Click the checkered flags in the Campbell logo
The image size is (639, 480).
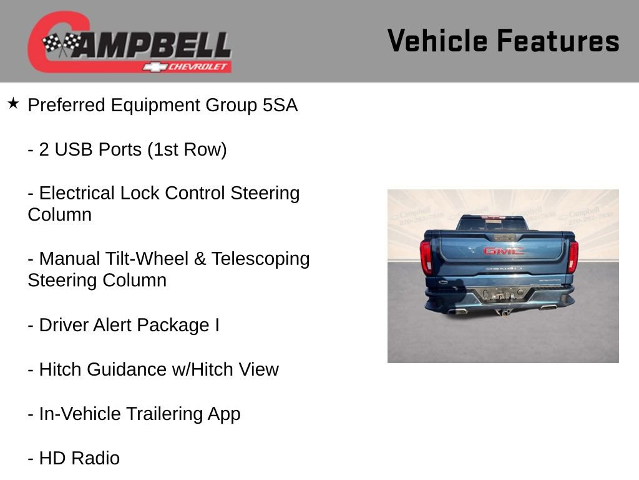[x=61, y=44]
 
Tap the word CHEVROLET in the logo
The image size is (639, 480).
[x=198, y=67]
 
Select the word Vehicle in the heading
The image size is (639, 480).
[x=437, y=41]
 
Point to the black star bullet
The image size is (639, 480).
[x=13, y=103]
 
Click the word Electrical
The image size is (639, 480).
[x=77, y=193]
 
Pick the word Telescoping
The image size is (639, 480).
[x=260, y=259]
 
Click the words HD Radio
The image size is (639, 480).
[x=79, y=458]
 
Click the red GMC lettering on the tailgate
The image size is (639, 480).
[x=503, y=251]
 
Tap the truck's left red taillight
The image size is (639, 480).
[x=427, y=256]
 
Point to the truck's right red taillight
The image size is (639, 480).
[x=573, y=256]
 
